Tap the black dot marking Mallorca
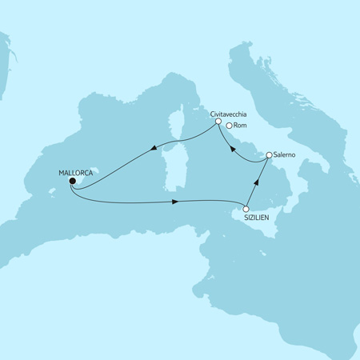click(71, 181)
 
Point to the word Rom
click(242, 126)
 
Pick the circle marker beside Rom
click(230, 126)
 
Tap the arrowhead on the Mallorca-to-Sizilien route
click(174, 202)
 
